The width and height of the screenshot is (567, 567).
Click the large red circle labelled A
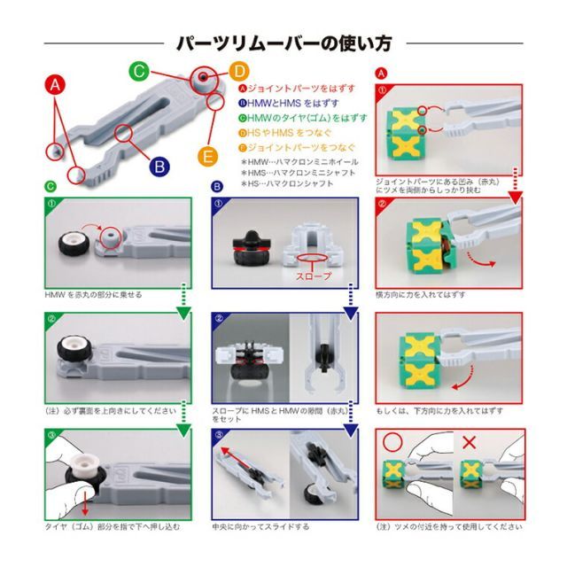[x=55, y=86]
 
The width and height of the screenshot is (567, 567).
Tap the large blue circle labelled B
[x=159, y=165]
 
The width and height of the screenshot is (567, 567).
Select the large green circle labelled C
[x=138, y=71]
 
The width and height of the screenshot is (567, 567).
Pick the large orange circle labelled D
[x=240, y=71]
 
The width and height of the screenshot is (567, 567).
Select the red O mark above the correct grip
[x=392, y=441]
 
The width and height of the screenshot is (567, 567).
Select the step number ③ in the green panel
[x=52, y=436]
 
